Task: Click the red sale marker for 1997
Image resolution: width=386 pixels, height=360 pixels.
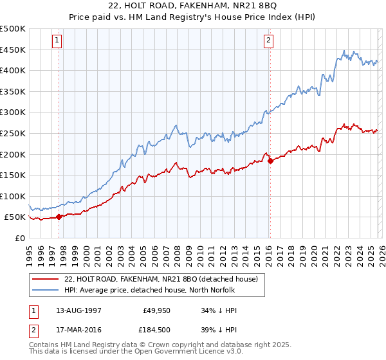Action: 59,217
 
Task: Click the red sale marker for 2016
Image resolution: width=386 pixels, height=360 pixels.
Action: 270,161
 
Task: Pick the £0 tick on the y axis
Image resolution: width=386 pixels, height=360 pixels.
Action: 19,238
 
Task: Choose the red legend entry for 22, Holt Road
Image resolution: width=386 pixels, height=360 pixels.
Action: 161,279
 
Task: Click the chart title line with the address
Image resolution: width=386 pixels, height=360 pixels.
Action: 194,7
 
